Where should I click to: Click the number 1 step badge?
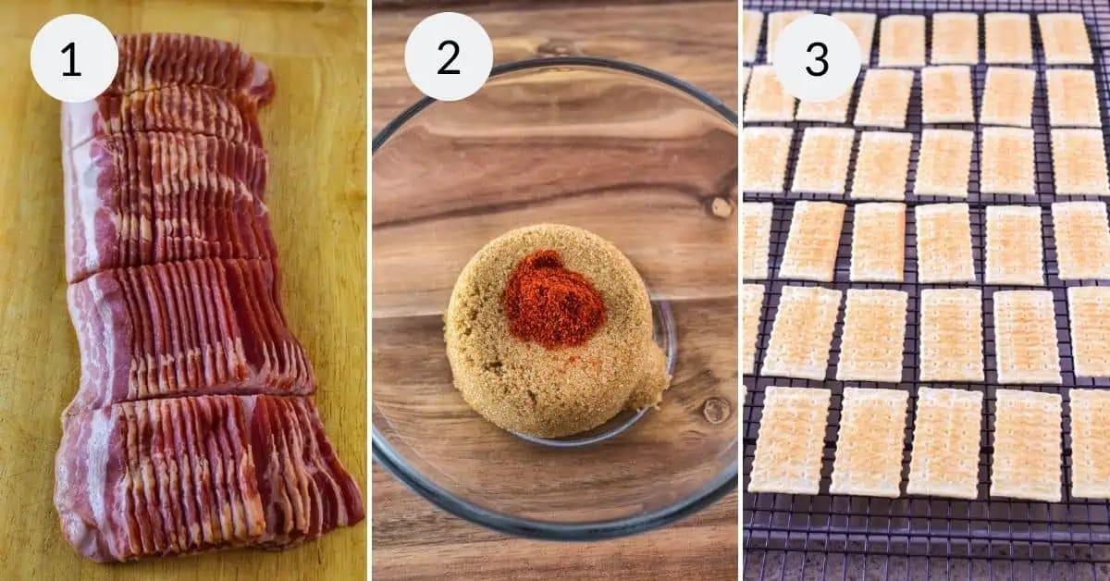click(74, 58)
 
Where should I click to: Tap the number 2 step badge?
click(449, 57)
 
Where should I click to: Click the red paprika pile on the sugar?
click(553, 299)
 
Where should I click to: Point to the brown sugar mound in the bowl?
click(546, 370)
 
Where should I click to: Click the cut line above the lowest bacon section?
click(194, 393)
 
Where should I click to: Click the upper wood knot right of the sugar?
click(721, 206)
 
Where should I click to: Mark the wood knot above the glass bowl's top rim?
click(555, 48)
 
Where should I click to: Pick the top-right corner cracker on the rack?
click(1066, 37)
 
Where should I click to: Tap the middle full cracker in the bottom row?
click(945, 442)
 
